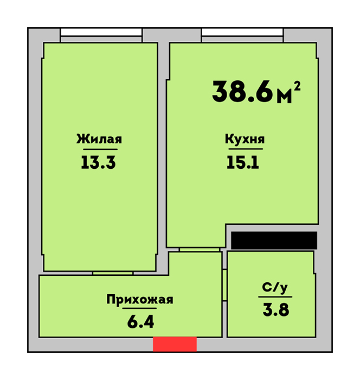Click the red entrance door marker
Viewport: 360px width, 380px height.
pos(175,344)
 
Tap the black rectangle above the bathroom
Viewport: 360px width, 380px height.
pos(274,240)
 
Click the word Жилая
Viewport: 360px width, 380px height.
pos(99,139)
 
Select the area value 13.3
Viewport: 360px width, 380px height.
pos(98,162)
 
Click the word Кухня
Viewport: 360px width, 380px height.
pos(245,140)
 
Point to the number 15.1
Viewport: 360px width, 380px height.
pos(243,162)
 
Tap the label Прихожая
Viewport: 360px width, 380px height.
pos(140,300)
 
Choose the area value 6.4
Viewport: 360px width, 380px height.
pos(140,322)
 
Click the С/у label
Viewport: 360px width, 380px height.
pos(275,288)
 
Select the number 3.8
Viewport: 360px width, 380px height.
pos(276,310)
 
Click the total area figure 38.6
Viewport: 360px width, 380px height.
pos(242,92)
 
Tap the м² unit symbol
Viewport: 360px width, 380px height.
pos(289,93)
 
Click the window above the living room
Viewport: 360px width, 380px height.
pos(101,35)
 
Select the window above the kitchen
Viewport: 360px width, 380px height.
pos(242,35)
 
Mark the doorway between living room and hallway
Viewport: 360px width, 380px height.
pos(113,274)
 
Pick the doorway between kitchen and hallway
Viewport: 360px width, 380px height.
pos(200,250)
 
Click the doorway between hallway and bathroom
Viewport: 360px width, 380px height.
pos(224,285)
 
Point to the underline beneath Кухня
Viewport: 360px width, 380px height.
pos(246,149)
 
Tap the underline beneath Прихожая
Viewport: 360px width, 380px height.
pos(139,308)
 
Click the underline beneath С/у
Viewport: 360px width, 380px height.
pos(275,296)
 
